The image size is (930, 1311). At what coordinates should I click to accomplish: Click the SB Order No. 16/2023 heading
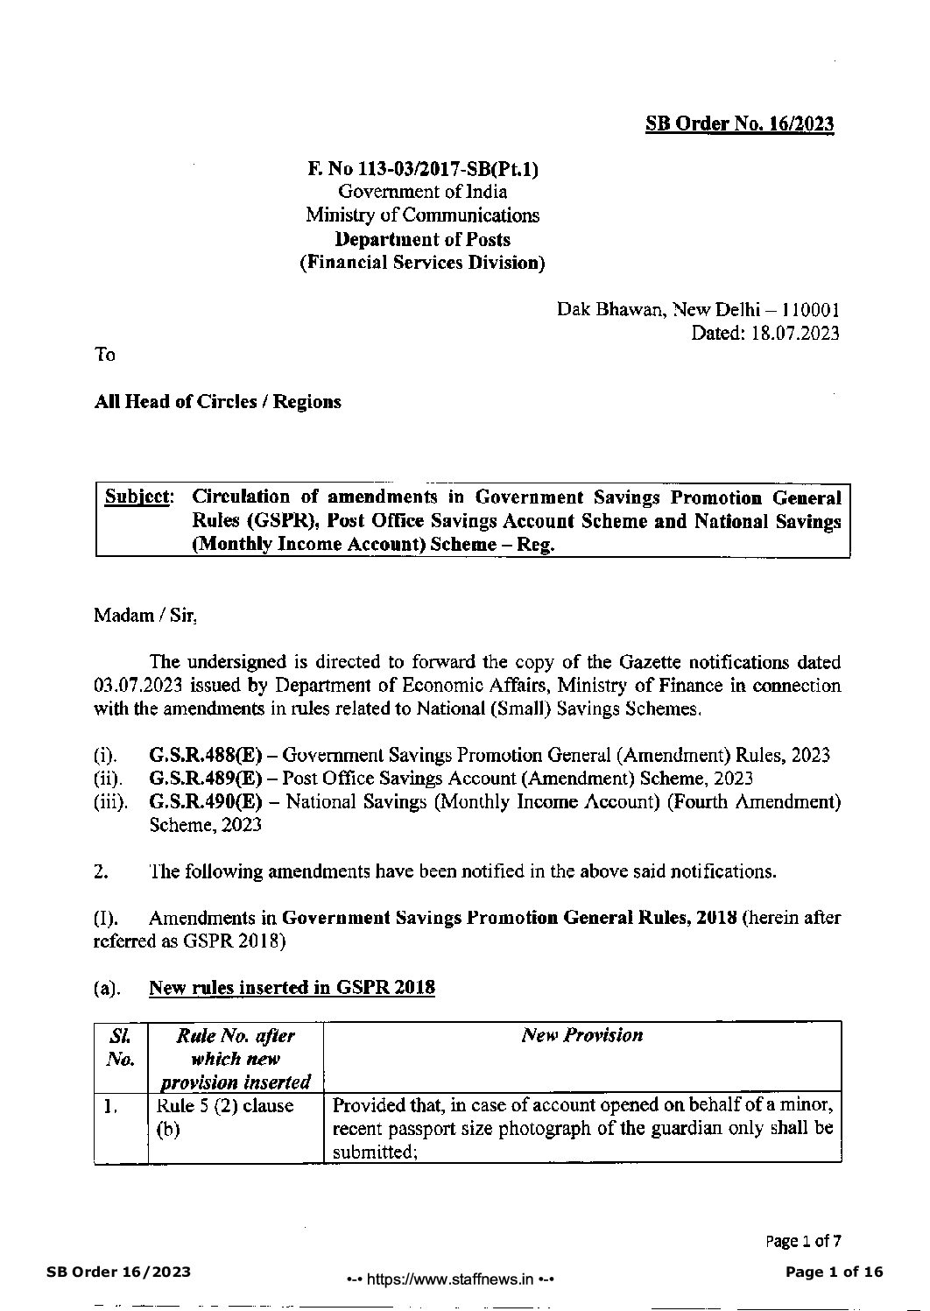739,123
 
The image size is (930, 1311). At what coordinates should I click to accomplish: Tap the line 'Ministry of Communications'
422,215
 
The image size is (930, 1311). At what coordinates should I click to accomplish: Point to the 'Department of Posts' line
422,239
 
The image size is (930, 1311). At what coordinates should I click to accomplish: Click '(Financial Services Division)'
422,263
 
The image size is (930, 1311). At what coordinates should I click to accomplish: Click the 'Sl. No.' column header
120,1047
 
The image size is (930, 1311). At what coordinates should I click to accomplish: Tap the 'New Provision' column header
581,1035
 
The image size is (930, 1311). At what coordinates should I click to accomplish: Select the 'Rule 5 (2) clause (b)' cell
224,1117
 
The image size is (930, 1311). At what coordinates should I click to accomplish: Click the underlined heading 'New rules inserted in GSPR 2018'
292,988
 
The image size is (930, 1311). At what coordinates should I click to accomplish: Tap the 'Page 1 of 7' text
803,1240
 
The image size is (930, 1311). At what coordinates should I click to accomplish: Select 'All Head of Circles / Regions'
217,402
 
